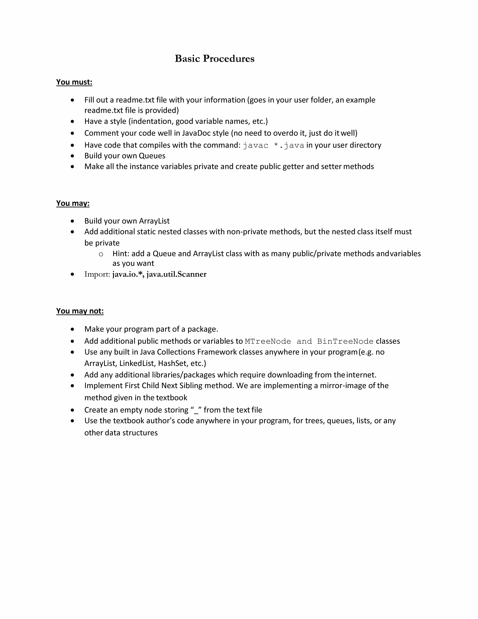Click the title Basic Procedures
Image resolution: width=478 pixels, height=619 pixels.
click(x=214, y=59)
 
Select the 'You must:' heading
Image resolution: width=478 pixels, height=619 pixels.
click(x=74, y=82)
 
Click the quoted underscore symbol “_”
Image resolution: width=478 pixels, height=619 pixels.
click(x=196, y=410)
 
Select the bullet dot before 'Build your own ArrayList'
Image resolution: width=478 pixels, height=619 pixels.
click(x=73, y=221)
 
